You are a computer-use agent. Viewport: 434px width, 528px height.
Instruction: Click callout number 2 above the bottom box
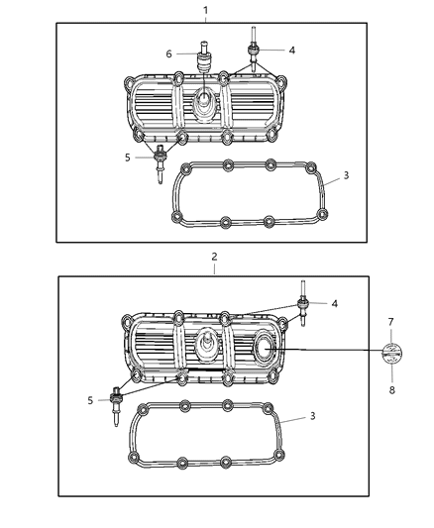tap(213, 257)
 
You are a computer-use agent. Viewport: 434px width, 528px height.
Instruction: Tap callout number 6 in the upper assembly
tap(168, 53)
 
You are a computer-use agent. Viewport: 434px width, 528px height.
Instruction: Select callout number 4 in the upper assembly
tap(290, 50)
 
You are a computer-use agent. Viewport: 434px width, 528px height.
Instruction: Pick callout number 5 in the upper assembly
tap(128, 157)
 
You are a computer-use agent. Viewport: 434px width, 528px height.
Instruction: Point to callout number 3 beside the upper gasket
tap(346, 175)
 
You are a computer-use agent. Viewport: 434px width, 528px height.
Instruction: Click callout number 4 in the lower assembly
tap(334, 304)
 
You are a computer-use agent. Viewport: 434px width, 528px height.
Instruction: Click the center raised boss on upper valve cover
tap(205, 100)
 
